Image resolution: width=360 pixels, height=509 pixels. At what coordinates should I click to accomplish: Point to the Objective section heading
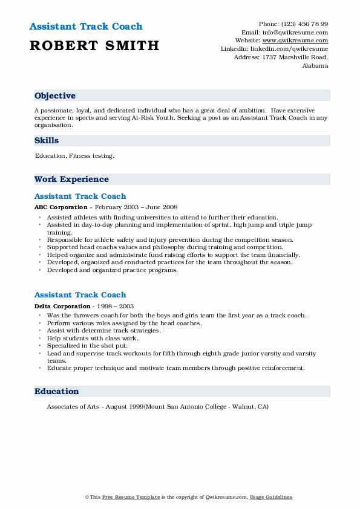pyautogui.click(x=55, y=96)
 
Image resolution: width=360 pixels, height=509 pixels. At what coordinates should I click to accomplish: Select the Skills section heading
pyautogui.click(x=47, y=140)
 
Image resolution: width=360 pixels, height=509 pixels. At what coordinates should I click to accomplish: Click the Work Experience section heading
pyautogui.click(x=71, y=179)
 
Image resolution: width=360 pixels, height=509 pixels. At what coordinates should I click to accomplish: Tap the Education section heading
pyautogui.click(x=56, y=391)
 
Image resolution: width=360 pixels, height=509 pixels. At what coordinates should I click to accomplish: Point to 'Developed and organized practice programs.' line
pyautogui.click(x=113, y=270)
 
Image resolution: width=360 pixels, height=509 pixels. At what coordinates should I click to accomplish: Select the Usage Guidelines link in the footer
pyautogui.click(x=272, y=497)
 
